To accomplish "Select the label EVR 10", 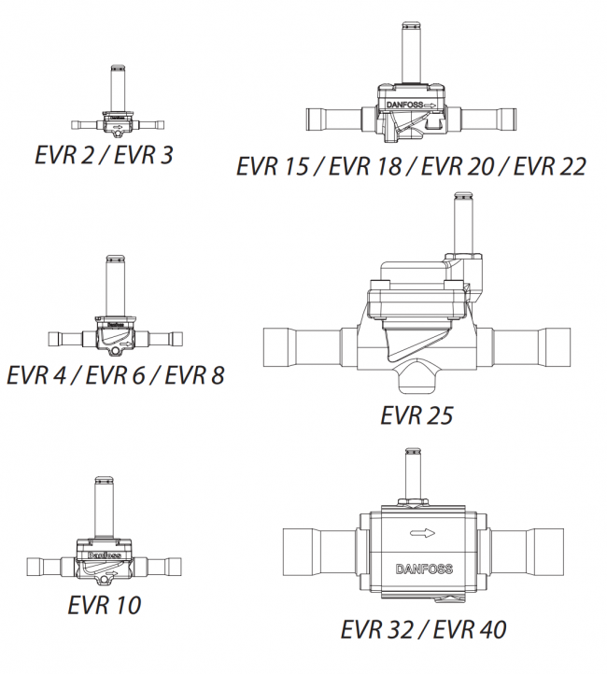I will coord(104,604).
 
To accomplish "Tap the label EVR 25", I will coord(416,414).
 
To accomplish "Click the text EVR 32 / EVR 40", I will coord(423,629).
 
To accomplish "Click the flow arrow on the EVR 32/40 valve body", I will coord(423,535).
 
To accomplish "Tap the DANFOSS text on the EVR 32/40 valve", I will coord(424,569).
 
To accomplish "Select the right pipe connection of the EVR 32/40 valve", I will coord(530,555).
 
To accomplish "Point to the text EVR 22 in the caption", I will coord(550,166).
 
